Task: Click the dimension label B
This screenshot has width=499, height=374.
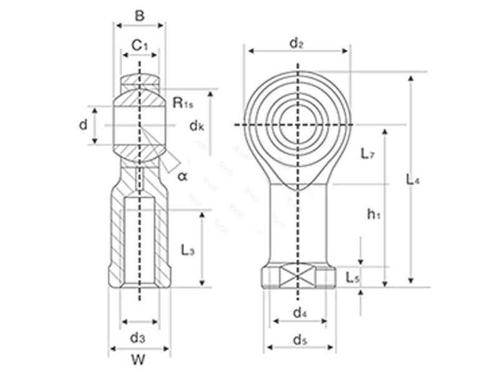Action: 140,16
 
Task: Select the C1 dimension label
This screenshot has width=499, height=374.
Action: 140,45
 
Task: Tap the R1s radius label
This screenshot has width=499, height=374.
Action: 183,103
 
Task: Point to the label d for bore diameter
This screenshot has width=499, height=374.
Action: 83,125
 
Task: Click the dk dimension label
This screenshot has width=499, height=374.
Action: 196,125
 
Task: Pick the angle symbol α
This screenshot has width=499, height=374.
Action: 182,176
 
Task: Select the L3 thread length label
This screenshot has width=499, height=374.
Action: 188,250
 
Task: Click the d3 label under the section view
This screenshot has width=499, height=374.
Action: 138,338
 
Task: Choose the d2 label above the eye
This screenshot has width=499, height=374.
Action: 296,43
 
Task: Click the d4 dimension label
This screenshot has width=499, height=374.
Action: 299,312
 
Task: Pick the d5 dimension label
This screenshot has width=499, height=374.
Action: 299,340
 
